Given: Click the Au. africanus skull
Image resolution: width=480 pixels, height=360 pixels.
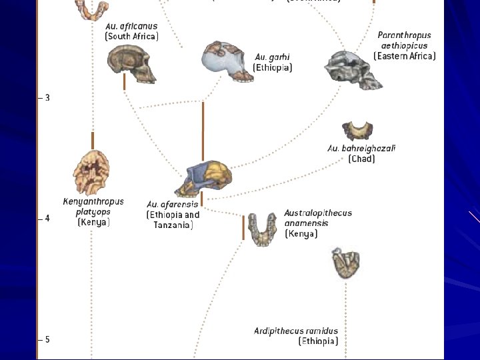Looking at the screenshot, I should (131, 63).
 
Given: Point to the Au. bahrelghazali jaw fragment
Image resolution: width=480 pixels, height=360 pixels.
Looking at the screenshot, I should (357, 130).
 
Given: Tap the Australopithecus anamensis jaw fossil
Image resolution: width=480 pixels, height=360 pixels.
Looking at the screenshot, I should (261, 229).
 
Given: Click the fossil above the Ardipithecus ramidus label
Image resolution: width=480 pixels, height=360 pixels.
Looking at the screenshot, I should (346, 262).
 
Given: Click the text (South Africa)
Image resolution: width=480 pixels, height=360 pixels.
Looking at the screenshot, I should (132, 37).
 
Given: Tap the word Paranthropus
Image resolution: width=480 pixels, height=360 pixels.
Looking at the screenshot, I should (404, 35).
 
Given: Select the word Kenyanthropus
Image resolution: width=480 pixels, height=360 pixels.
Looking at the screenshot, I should (93, 202).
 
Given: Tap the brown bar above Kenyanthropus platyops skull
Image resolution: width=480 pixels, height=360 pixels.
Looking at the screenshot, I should (93, 141).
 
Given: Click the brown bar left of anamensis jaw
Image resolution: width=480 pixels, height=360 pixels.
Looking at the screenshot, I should (243, 228).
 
